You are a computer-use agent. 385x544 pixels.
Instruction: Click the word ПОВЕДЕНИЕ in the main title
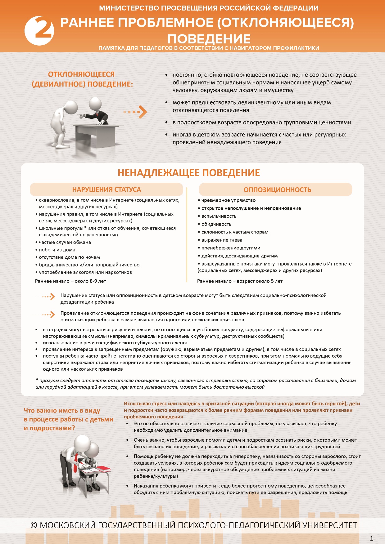209,39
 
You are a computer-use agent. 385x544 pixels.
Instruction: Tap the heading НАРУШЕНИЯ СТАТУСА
106,190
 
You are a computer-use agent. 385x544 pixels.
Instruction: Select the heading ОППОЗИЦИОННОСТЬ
277,190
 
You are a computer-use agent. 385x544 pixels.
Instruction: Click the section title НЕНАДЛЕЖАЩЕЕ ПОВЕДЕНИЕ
189,173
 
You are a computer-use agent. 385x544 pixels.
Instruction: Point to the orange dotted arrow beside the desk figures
136,112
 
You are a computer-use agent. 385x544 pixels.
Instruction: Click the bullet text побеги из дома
57,250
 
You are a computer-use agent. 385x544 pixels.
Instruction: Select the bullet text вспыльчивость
219,216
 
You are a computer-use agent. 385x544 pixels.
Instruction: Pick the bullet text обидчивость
216,224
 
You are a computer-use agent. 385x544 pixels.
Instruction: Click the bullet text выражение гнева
222,240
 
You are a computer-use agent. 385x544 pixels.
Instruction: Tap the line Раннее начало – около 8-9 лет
70,281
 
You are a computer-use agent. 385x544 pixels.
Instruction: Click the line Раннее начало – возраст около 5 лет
240,281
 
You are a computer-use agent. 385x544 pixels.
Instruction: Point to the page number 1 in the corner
372,538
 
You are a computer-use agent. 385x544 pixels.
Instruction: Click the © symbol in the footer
34,525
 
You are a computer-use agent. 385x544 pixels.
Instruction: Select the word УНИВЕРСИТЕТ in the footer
330,525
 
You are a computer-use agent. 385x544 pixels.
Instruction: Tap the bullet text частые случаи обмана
65,242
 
